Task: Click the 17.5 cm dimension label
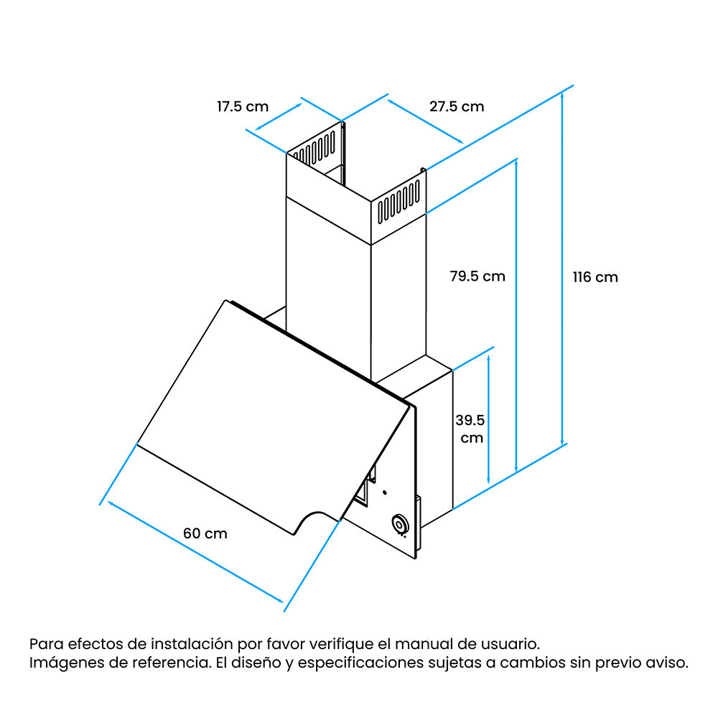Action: pyautogui.click(x=242, y=107)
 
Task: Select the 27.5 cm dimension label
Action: pyautogui.click(x=457, y=107)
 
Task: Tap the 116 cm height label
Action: pyautogui.click(x=595, y=277)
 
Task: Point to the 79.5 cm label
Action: pyautogui.click(x=477, y=276)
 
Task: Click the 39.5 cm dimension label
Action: pyautogui.click(x=470, y=429)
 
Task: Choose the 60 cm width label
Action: pyautogui.click(x=205, y=533)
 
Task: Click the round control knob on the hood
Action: pyautogui.click(x=400, y=524)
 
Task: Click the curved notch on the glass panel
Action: pyautogui.click(x=316, y=518)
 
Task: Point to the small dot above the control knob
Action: pyautogui.click(x=384, y=493)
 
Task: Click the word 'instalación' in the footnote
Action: pyautogui.click(x=192, y=644)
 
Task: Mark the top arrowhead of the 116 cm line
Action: pyautogui.click(x=562, y=94)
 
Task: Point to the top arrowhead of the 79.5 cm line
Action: pyautogui.click(x=516, y=163)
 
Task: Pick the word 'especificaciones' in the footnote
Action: pyautogui.click(x=361, y=663)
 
